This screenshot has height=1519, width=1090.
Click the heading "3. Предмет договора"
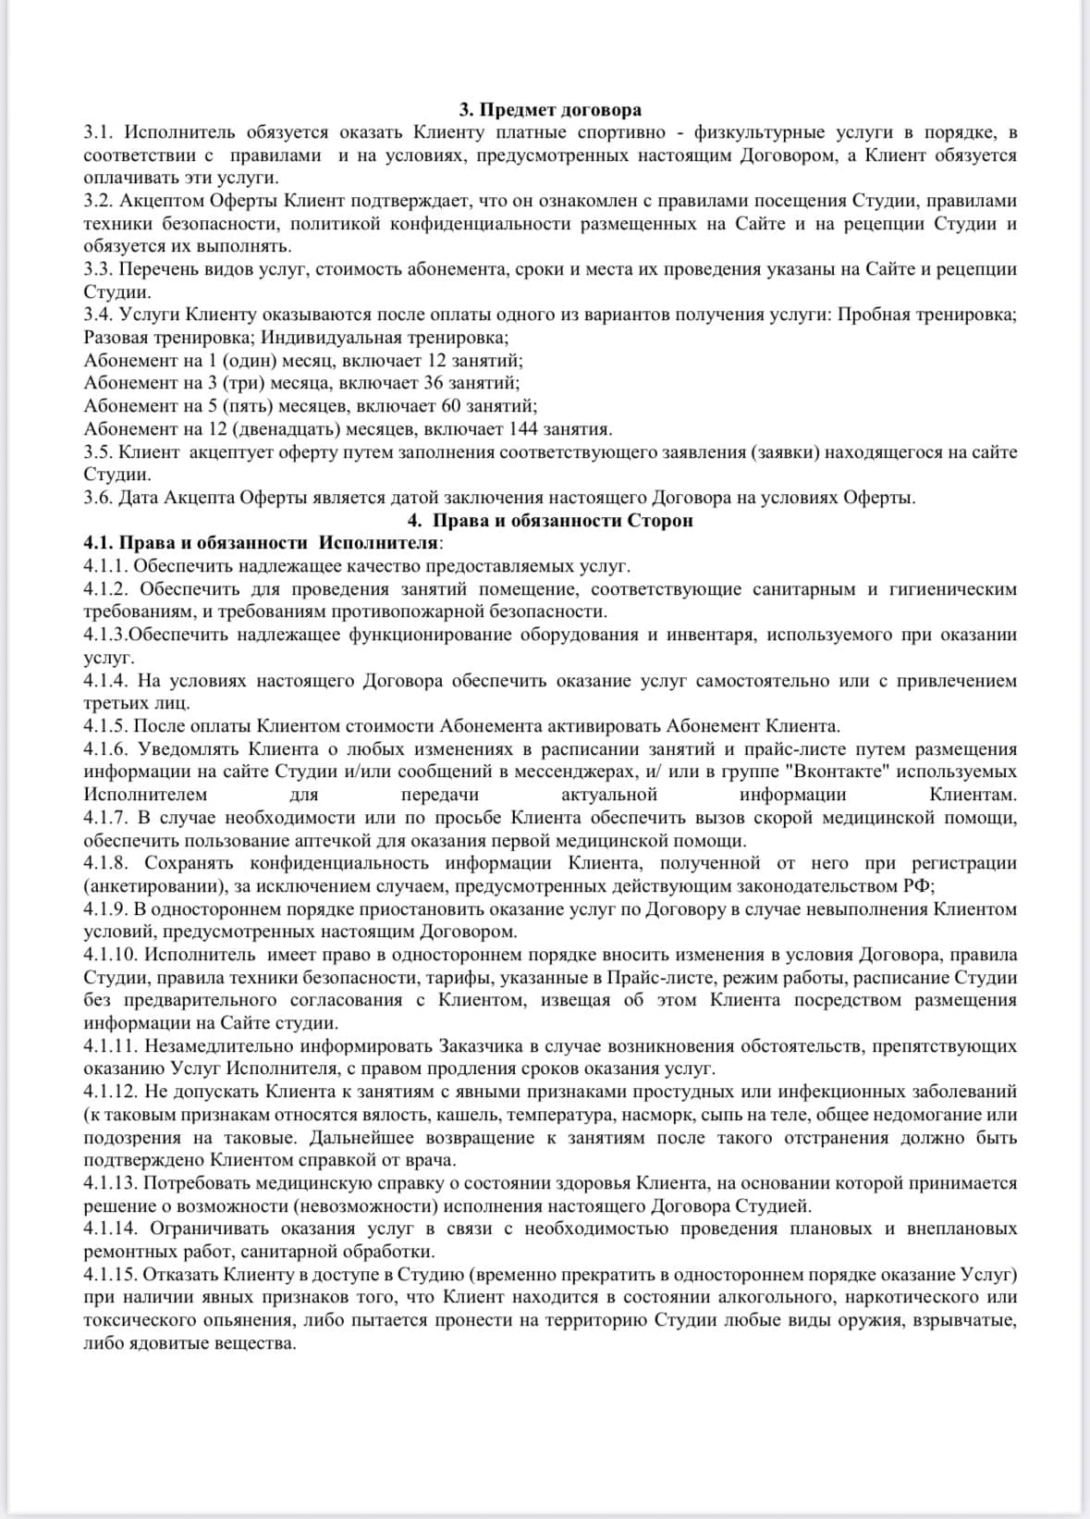[550, 111]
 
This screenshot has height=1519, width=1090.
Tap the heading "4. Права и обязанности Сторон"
[550, 520]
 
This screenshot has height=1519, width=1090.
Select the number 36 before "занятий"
[433, 383]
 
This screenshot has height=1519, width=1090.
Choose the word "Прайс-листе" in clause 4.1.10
[659, 978]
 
